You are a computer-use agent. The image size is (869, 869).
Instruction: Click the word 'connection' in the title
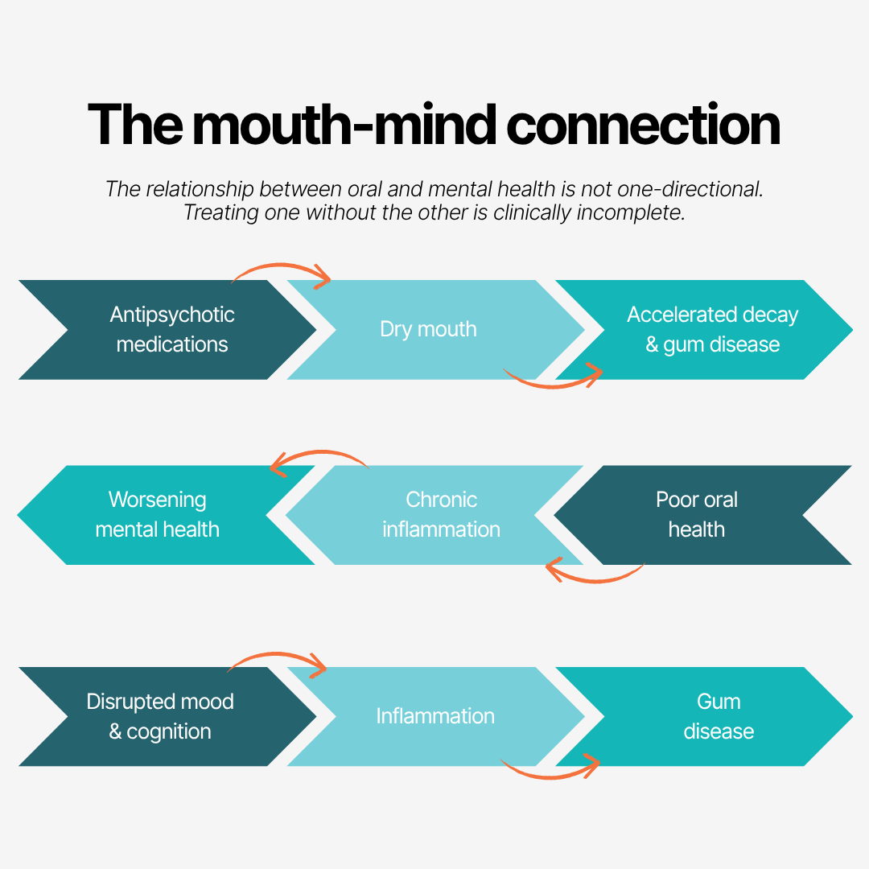643,125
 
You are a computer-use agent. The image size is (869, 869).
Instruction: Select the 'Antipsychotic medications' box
172,330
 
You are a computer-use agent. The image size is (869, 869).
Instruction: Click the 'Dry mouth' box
429,330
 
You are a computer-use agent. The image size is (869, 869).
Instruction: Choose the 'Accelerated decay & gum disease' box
712,330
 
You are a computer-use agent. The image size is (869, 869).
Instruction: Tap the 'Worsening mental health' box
158,515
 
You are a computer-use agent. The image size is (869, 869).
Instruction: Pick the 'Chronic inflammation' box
441,515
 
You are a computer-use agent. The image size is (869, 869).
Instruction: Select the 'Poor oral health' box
697,515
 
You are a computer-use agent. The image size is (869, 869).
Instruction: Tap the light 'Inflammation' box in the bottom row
435,716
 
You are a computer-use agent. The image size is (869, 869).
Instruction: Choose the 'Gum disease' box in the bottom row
718,716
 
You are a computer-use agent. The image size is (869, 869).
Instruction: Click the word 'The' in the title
133,125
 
